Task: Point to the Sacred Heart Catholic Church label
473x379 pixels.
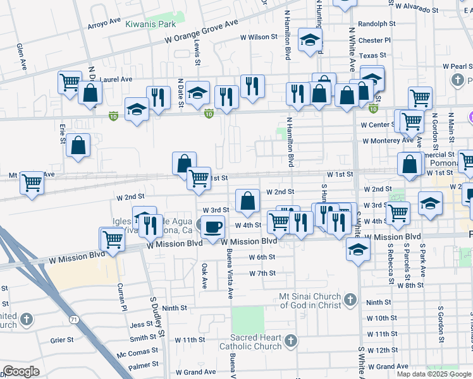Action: (x=250, y=342)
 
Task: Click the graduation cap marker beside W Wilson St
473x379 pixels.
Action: (x=310, y=41)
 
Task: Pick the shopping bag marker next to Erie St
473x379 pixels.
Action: (x=78, y=146)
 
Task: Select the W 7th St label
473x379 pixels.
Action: (x=262, y=273)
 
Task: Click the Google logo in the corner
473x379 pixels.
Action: (x=21, y=371)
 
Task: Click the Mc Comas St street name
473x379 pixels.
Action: (x=137, y=353)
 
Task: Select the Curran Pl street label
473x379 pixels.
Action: (x=123, y=297)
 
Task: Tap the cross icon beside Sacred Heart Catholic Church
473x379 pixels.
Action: (x=290, y=342)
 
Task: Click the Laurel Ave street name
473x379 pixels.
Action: (x=116, y=80)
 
